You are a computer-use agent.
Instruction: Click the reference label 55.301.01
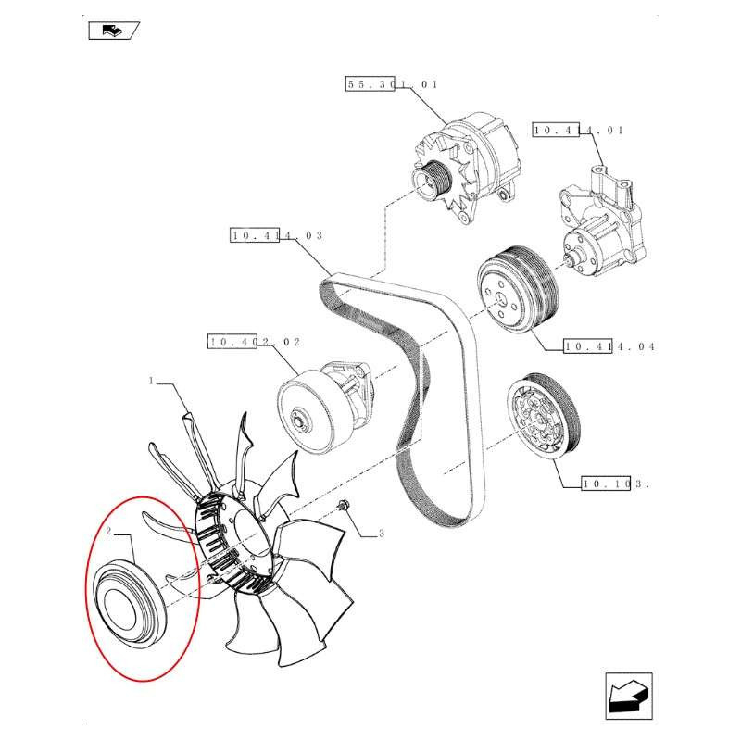point(392,84)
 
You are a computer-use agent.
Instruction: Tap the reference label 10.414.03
point(276,236)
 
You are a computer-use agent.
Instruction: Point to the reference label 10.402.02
point(254,343)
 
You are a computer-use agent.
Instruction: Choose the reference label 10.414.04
point(609,347)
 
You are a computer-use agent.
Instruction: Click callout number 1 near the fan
point(150,380)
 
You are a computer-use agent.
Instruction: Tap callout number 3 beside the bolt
point(380,534)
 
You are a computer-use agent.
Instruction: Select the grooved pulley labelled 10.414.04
point(514,289)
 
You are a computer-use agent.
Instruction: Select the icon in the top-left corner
point(113,32)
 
